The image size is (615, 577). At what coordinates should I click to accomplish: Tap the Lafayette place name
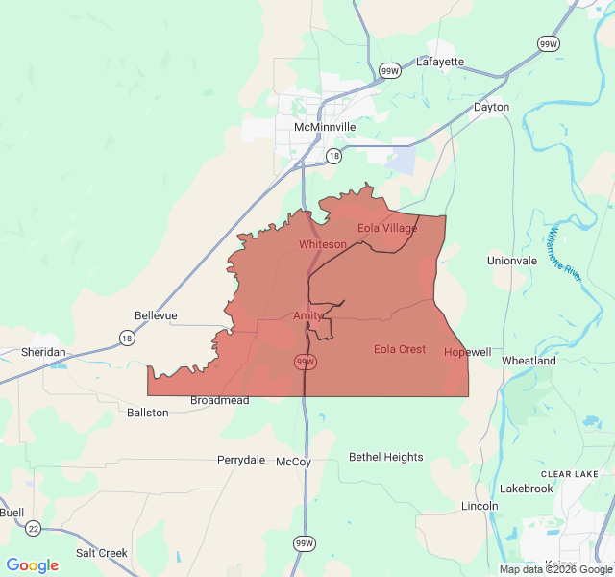pyautogui.click(x=440, y=62)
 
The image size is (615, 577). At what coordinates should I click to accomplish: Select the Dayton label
pyautogui.click(x=491, y=107)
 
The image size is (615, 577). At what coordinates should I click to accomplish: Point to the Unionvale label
pyautogui.click(x=512, y=261)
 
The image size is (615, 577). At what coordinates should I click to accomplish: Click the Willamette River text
pyautogui.click(x=562, y=254)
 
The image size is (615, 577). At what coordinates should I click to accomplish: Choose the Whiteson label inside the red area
pyautogui.click(x=322, y=244)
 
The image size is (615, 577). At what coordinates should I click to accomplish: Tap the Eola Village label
pyautogui.click(x=387, y=228)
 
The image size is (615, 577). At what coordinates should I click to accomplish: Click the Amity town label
pyautogui.click(x=308, y=315)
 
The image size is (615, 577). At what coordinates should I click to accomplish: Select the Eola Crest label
pyautogui.click(x=400, y=349)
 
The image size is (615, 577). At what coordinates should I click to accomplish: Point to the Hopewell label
pyautogui.click(x=468, y=352)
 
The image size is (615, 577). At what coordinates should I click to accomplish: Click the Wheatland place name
pyautogui.click(x=529, y=361)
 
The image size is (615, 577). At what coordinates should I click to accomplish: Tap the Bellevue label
pyautogui.click(x=156, y=315)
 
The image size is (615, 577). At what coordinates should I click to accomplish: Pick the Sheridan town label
pyautogui.click(x=43, y=352)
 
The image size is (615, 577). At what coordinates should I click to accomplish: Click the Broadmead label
pyautogui.click(x=219, y=400)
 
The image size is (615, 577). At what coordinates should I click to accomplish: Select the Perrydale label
pyautogui.click(x=240, y=460)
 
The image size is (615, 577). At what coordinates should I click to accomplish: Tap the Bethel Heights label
pyautogui.click(x=385, y=457)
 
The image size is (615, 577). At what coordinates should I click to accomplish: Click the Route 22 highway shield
pyautogui.click(x=34, y=528)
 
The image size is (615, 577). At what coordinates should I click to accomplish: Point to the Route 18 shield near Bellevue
pyautogui.click(x=127, y=338)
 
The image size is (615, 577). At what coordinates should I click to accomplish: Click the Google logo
pyautogui.click(x=32, y=564)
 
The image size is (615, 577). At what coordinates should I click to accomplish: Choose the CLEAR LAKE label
pyautogui.click(x=570, y=474)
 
